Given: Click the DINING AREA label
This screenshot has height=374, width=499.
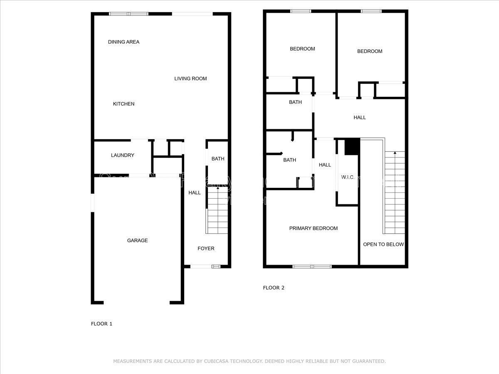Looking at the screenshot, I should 124,42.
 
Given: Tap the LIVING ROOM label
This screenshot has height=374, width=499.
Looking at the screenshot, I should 190,79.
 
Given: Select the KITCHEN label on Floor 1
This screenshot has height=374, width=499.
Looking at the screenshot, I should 124,104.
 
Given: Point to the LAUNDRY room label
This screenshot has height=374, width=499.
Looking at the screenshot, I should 123,155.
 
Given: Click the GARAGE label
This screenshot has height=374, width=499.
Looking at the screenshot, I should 137,241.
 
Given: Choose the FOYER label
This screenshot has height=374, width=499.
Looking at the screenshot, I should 206,249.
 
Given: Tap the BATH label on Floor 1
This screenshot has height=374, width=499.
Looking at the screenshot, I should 218,159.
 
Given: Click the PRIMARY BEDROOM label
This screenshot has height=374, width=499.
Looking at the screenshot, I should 314,228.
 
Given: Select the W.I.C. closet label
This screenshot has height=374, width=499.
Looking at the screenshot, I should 348,177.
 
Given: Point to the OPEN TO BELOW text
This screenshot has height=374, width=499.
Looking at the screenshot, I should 383,244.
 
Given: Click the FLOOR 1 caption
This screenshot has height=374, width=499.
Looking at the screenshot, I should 101,324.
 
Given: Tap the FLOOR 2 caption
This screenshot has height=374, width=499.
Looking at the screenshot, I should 274,288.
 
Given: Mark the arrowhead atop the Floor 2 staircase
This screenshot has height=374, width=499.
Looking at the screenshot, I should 394,153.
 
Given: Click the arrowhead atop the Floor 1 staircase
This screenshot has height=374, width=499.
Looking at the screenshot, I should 218,189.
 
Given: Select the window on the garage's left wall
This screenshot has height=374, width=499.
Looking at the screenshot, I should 93,203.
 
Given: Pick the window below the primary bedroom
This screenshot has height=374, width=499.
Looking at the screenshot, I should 312,266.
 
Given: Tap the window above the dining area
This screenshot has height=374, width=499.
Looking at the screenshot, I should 128,14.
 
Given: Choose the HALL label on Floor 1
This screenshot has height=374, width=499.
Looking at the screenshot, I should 195,193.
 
